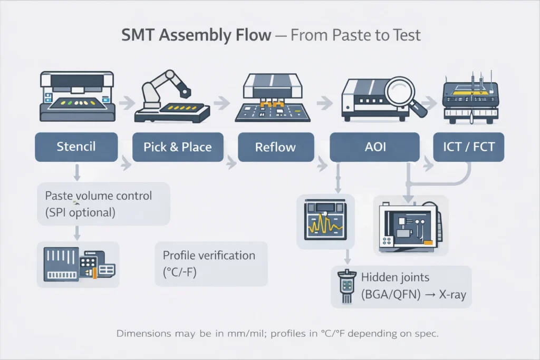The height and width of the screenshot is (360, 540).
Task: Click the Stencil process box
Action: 76,147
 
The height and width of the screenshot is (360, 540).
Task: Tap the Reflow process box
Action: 276,147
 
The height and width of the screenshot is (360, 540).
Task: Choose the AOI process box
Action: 374,147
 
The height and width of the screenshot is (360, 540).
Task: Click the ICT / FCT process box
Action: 469,147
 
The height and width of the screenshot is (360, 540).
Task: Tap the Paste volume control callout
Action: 99,203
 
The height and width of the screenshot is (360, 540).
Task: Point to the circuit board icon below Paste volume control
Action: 78,264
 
